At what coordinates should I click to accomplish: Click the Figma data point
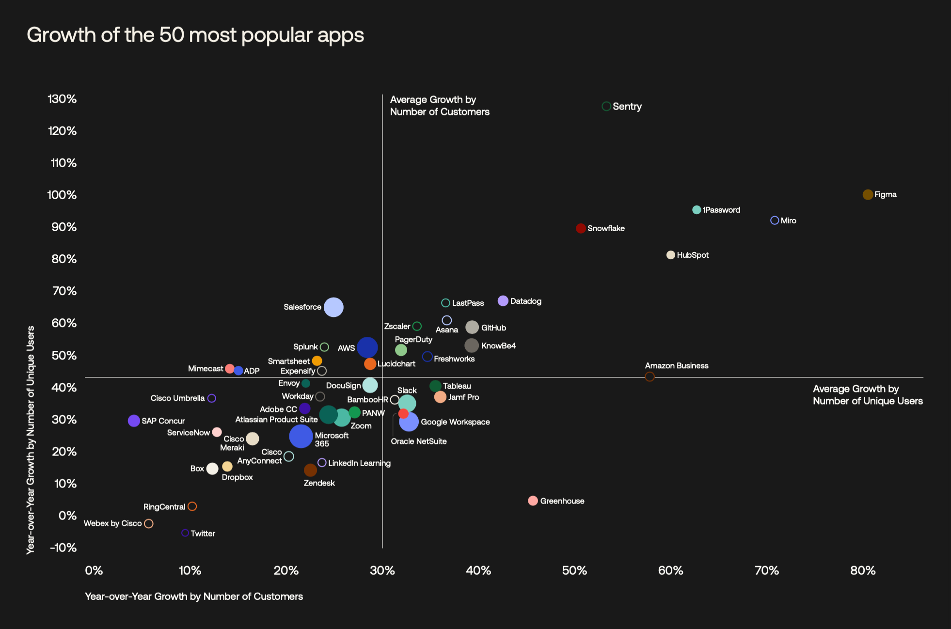868,194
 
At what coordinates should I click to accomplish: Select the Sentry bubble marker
606,106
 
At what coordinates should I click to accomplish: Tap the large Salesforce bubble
333,307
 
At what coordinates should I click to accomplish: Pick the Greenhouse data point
533,501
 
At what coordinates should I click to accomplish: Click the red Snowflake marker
581,228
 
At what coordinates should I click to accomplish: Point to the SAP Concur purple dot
134,421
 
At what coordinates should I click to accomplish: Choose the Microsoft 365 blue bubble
301,436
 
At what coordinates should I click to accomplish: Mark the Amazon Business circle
650,377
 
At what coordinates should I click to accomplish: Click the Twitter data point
185,533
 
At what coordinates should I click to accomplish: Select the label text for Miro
788,220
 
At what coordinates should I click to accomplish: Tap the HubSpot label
693,255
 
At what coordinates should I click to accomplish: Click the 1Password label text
721,210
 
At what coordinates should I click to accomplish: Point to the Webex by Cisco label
112,523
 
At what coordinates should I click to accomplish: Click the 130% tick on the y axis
62,99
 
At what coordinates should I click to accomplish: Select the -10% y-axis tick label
63,548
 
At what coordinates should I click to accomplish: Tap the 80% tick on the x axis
863,570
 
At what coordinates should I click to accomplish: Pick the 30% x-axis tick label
382,570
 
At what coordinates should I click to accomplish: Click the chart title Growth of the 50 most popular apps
195,35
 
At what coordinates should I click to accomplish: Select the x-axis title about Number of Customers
194,597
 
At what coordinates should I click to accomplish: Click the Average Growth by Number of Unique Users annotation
868,395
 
